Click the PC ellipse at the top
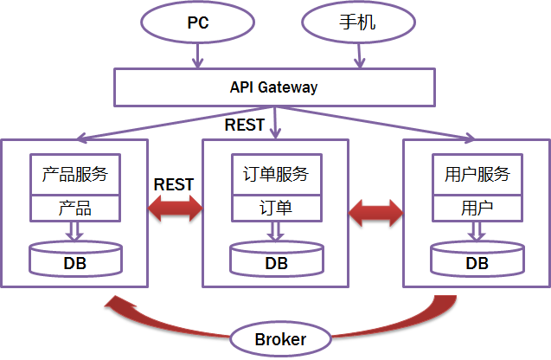(198, 22)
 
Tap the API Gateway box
(273, 87)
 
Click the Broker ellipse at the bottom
(280, 339)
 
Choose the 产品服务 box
(74, 175)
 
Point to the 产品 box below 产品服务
(74, 209)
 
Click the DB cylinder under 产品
(74, 259)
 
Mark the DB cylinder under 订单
(276, 260)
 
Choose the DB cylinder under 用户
(477, 260)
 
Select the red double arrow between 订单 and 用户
(376, 211)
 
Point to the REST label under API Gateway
(245, 125)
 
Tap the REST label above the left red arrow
(174, 184)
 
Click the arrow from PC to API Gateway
(198, 56)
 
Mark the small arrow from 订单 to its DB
(275, 231)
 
